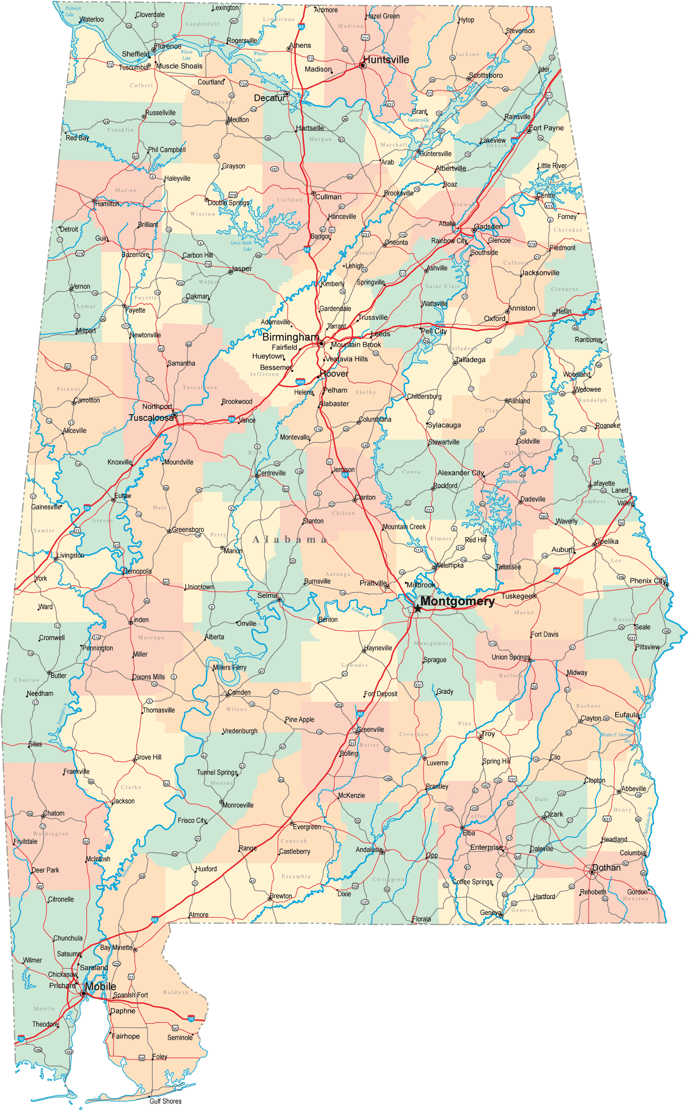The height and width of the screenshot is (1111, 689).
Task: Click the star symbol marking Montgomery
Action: pos(417,608)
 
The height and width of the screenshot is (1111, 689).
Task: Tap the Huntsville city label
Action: pos(386,59)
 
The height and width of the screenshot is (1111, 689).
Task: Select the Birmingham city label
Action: pos(290,337)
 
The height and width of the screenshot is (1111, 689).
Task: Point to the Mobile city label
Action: pos(100,986)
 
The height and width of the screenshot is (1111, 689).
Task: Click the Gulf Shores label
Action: pos(165,1101)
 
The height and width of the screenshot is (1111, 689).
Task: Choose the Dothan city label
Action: pos(606,867)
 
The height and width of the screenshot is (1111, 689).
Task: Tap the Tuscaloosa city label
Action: pos(151,418)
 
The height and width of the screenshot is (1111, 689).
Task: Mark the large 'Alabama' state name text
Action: pos(290,540)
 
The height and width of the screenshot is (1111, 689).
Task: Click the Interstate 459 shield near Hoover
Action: pos(300,382)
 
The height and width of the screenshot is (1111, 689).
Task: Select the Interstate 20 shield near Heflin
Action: pos(591,312)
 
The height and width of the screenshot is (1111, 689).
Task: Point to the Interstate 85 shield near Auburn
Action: pos(556,571)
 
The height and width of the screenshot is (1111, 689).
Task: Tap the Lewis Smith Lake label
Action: pos(242,246)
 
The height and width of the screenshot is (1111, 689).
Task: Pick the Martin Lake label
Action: pos(516,482)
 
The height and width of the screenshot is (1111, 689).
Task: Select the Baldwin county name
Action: pos(175,992)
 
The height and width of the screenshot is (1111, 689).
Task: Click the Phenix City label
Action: pos(647,581)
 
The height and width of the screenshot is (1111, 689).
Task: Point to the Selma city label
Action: pos(267,595)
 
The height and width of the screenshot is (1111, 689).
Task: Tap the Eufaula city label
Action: pos(626,715)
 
